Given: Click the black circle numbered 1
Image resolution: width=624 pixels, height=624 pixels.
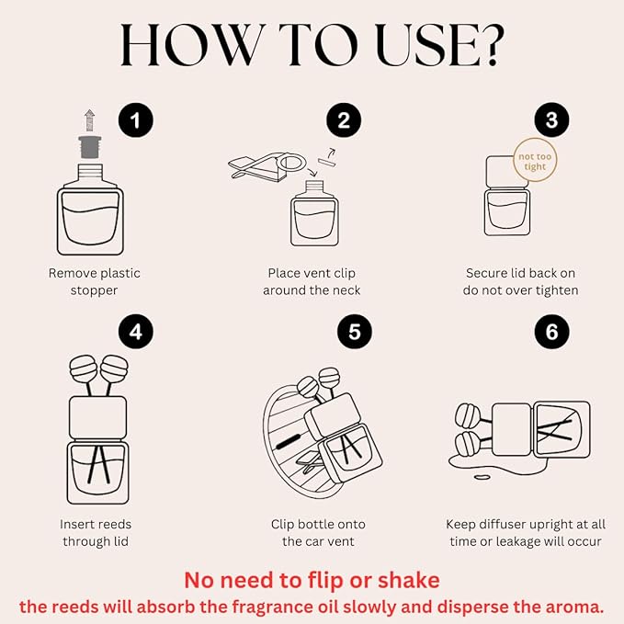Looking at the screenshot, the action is [x=136, y=120].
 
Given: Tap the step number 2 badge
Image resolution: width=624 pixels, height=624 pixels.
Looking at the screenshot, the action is [x=344, y=120].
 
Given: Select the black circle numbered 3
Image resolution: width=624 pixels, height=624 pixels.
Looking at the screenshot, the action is [x=551, y=119].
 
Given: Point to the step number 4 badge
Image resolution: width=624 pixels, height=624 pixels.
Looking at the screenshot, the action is [x=136, y=332].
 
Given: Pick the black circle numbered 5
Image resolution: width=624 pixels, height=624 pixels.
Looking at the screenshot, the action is [x=355, y=332].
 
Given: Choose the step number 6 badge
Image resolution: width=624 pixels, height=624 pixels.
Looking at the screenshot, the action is [x=552, y=332].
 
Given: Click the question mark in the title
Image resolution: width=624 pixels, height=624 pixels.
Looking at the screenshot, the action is [x=493, y=44].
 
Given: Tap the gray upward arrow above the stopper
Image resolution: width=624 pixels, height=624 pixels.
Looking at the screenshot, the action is [x=90, y=120].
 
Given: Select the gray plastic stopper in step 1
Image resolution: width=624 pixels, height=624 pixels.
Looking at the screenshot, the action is [x=89, y=147].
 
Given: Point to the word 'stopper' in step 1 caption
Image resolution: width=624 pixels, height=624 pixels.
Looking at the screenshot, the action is [x=94, y=290].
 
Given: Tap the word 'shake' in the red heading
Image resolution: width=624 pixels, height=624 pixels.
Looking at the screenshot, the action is [x=409, y=580].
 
